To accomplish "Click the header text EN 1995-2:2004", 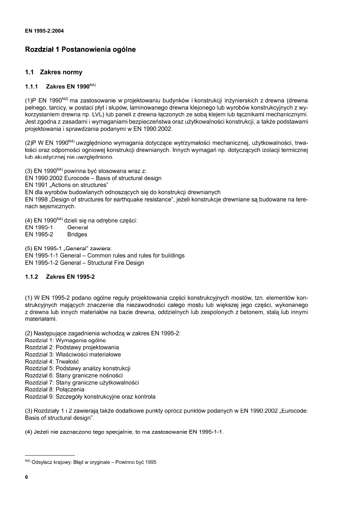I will point(44,30).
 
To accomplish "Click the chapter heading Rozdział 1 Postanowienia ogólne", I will point(80,50).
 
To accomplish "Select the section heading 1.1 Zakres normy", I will point(54,73).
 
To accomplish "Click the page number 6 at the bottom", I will point(27,477).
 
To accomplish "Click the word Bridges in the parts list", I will point(77,234).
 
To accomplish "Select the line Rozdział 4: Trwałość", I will point(52,361).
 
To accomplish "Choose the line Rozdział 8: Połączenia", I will point(55,389).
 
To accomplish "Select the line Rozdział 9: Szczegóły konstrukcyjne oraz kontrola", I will point(90,397).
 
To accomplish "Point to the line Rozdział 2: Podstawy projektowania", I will point(72,347).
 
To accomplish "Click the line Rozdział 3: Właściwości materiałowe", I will point(73,355).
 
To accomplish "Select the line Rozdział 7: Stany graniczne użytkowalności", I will point(82,382).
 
